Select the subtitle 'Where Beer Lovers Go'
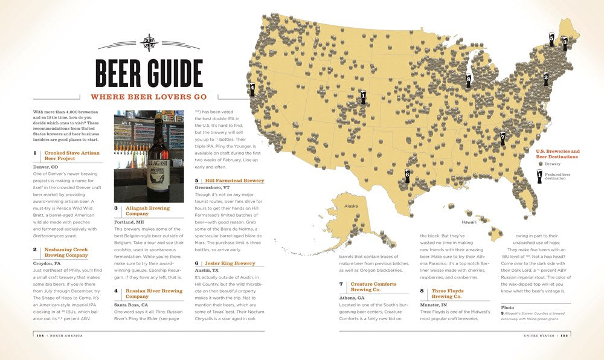point(149,97)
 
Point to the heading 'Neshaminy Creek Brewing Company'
point(66,252)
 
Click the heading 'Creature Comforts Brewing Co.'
point(373,286)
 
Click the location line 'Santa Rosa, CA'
point(131,305)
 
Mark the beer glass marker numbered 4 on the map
point(252,89)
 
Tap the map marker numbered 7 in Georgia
point(503,138)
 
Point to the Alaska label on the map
point(351,206)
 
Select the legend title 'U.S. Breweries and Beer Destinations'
point(557,154)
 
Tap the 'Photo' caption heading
point(507,307)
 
